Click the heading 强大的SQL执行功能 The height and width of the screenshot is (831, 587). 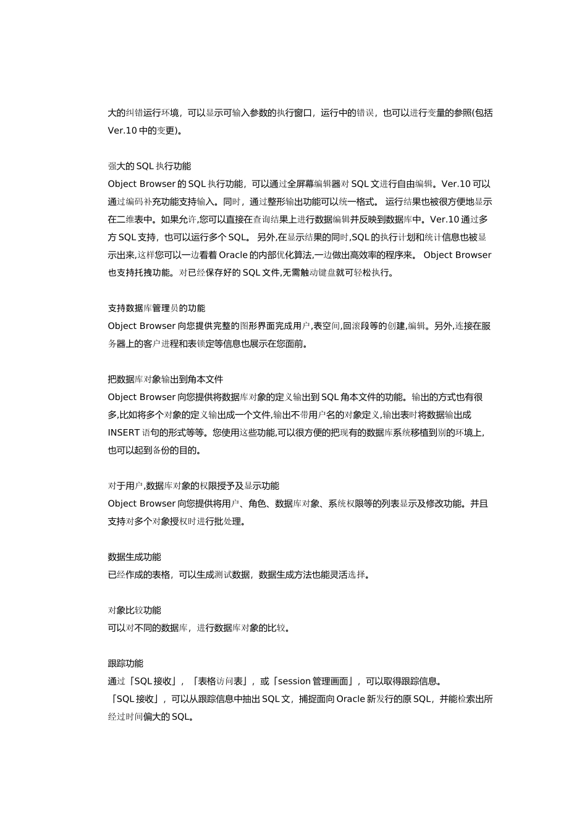[x=150, y=166]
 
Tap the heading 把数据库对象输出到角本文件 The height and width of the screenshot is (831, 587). [x=165, y=380]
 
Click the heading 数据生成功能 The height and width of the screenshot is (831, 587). [x=134, y=557]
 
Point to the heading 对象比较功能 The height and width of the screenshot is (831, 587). [x=134, y=610]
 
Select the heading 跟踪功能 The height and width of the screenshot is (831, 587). [x=125, y=663]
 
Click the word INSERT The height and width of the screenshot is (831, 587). [x=124, y=433]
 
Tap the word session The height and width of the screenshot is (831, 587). [x=295, y=681]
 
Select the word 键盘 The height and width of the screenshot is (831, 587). [x=327, y=273]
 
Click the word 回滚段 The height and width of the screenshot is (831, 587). [x=356, y=326]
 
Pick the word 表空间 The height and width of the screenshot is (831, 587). [x=327, y=326]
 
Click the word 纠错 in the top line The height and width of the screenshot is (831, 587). [x=135, y=113]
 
